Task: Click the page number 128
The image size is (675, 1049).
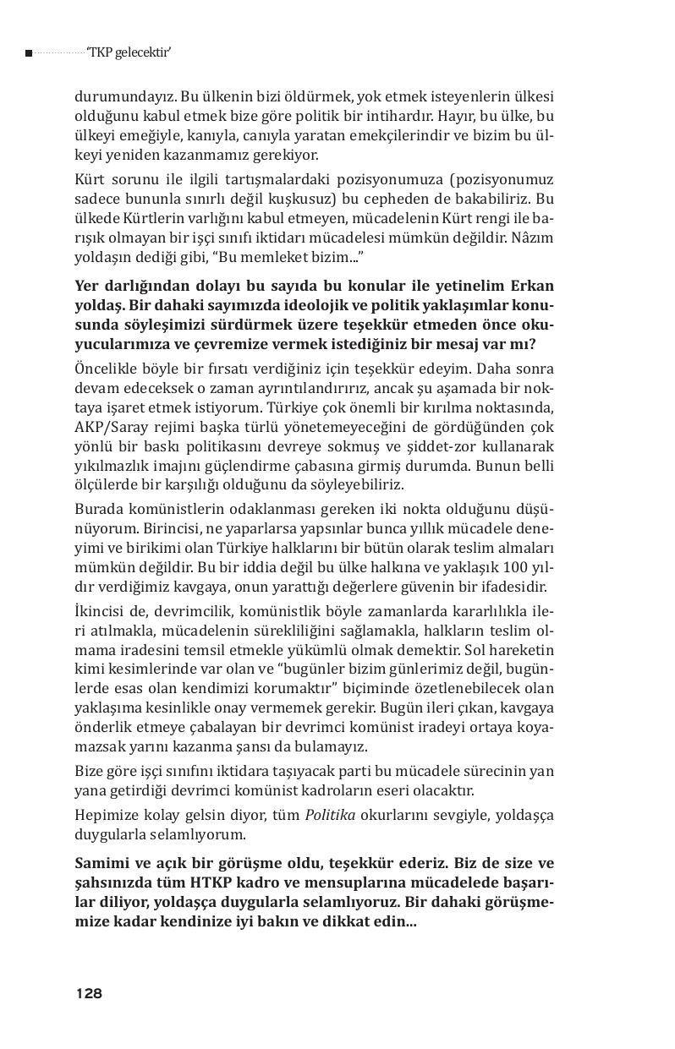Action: pos(89,993)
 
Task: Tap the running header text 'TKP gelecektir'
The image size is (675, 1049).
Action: pos(129,53)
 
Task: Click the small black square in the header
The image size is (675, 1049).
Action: pos(29,54)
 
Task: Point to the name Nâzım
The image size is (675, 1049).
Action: pos(533,238)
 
